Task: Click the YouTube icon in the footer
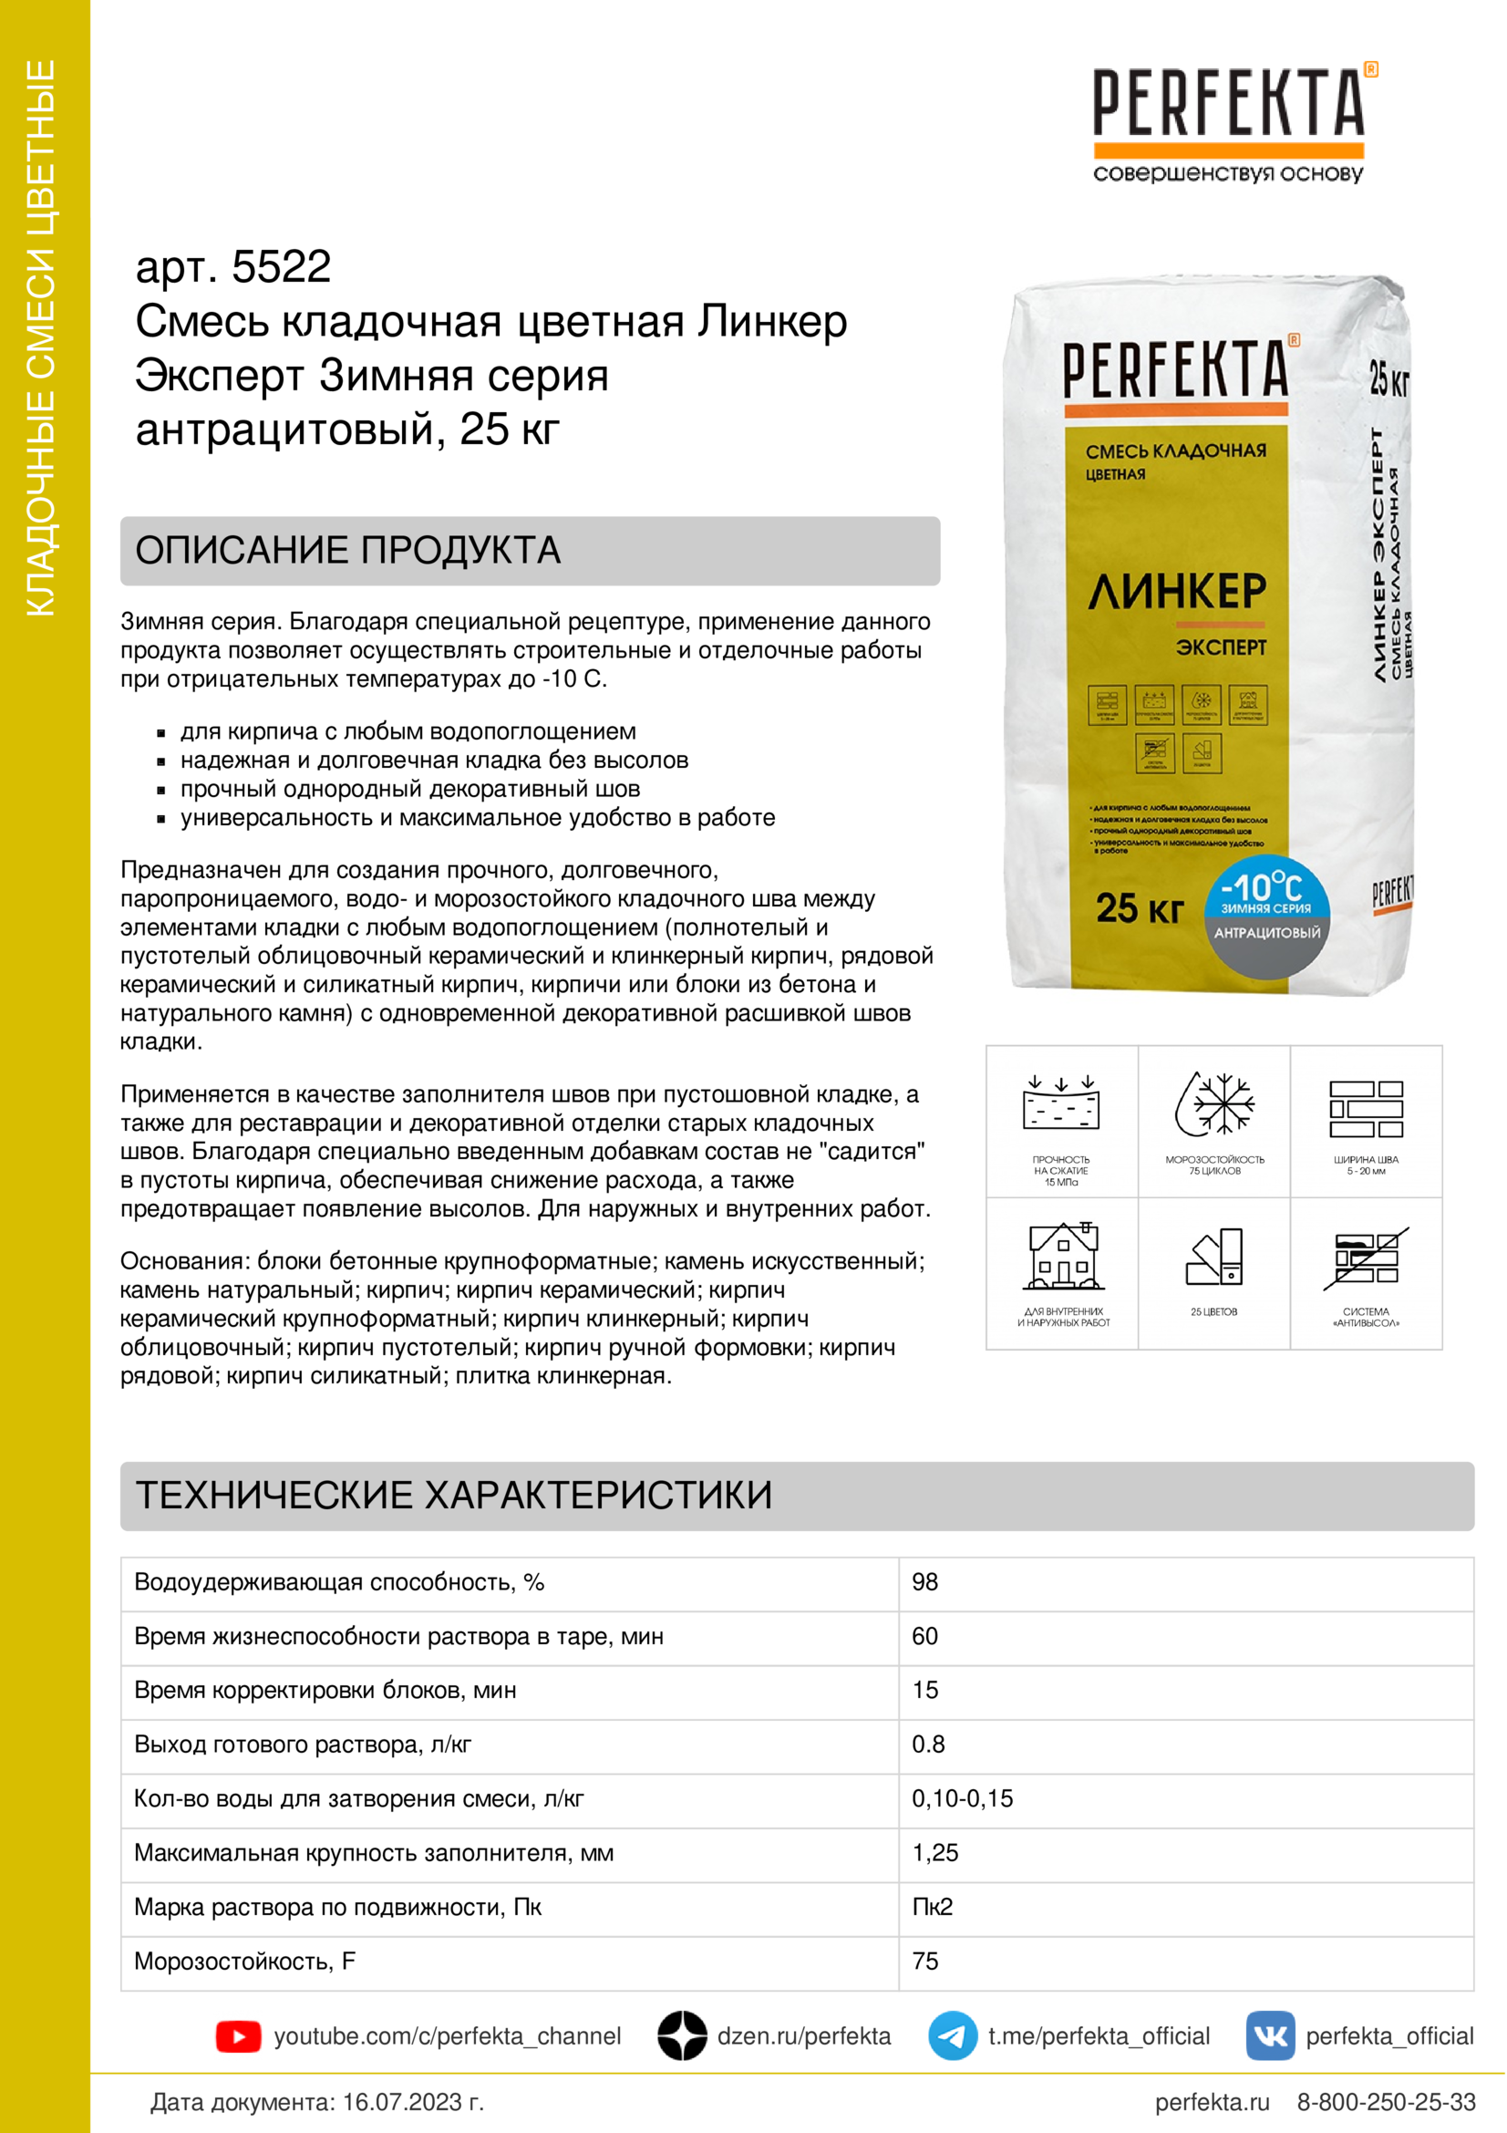tap(238, 2036)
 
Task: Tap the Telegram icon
tap(952, 2036)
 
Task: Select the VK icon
tap(1270, 2036)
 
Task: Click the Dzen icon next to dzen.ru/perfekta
tap(683, 2036)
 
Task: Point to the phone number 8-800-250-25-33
tap(1386, 2102)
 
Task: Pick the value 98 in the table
tap(924, 1582)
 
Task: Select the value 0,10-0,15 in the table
tap(962, 1798)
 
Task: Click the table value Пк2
tap(933, 1907)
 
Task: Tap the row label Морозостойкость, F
tap(245, 1962)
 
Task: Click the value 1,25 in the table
tap(935, 1852)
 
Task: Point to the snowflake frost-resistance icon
tap(1214, 1104)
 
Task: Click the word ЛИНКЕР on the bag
tap(1177, 592)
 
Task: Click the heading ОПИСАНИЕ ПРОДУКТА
tap(348, 551)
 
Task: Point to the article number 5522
tap(281, 267)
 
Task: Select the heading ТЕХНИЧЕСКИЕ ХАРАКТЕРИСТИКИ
tap(454, 1496)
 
